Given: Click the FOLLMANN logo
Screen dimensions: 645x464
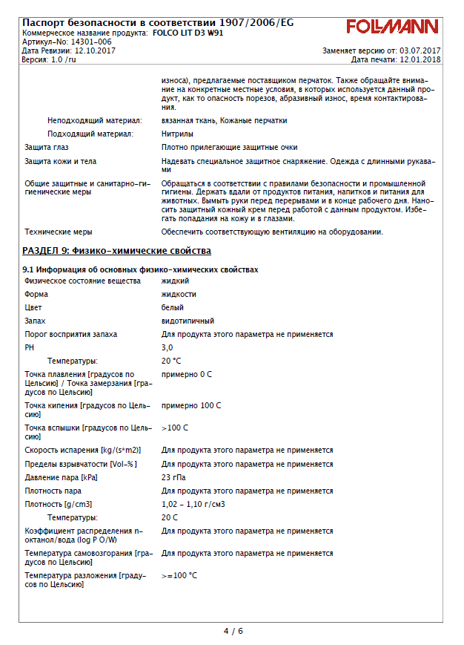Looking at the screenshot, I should (392, 27).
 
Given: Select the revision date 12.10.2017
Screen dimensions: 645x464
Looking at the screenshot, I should (96, 50).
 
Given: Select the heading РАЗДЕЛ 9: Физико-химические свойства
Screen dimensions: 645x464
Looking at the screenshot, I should (116, 251).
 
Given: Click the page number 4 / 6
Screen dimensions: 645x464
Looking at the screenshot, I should (233, 631).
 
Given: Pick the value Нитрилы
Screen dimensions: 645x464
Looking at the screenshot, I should (178, 134).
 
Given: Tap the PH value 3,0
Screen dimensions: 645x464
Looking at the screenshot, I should (167, 347).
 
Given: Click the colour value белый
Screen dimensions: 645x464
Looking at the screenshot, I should (173, 307).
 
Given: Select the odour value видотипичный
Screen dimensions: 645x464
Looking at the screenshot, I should (188, 321).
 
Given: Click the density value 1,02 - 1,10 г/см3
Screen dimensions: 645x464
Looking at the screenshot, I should (193, 505).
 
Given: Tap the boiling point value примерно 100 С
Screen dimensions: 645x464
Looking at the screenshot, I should (191, 405).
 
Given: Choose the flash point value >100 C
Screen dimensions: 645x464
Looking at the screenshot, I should (175, 428).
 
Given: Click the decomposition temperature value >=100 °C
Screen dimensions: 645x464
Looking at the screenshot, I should (179, 575).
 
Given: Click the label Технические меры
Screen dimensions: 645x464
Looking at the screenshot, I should (59, 232).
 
